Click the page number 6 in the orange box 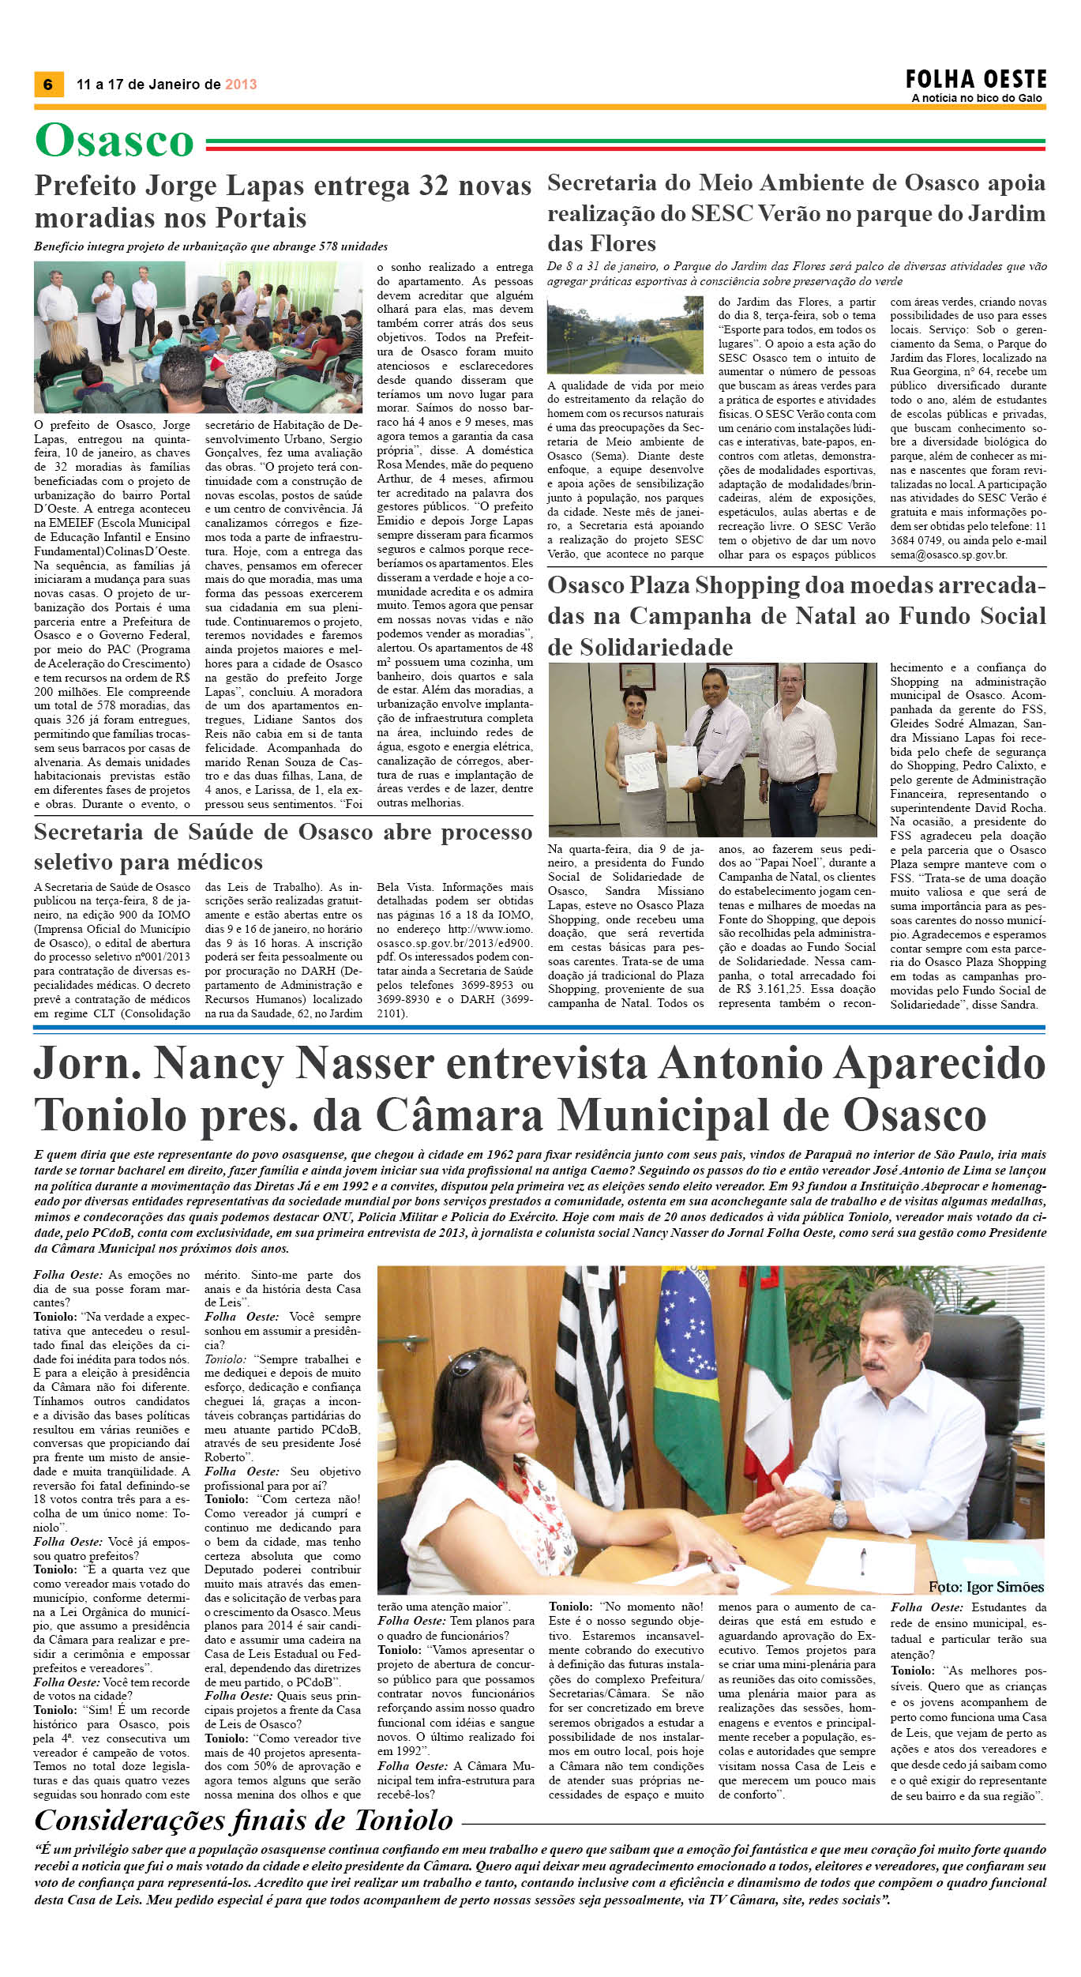click(x=48, y=85)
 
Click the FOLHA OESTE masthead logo click(x=976, y=80)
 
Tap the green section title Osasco click(x=114, y=141)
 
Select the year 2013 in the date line click(x=241, y=85)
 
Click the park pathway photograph click(x=625, y=334)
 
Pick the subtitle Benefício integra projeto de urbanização click(x=211, y=246)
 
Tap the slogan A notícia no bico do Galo click(x=977, y=99)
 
